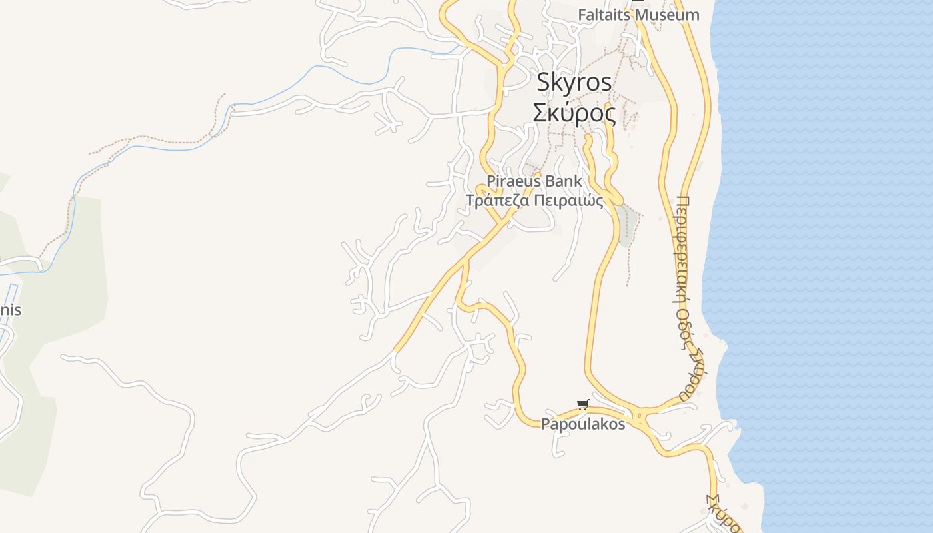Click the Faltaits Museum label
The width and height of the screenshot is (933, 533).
point(638,15)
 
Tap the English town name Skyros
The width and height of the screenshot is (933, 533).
point(574,82)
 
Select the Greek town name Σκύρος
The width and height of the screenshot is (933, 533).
point(574,113)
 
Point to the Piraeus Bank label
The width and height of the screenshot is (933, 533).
point(534,181)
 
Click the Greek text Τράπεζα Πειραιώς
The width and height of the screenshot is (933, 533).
point(534,201)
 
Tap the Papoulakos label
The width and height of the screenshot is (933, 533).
point(583,424)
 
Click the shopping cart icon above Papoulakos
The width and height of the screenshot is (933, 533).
point(583,404)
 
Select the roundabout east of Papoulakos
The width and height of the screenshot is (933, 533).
point(640,418)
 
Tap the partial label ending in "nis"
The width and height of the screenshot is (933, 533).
point(11,310)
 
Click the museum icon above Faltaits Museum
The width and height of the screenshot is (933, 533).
point(638,3)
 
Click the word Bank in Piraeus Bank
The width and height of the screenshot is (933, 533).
point(564,181)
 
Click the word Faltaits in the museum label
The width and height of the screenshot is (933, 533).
point(603,15)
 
